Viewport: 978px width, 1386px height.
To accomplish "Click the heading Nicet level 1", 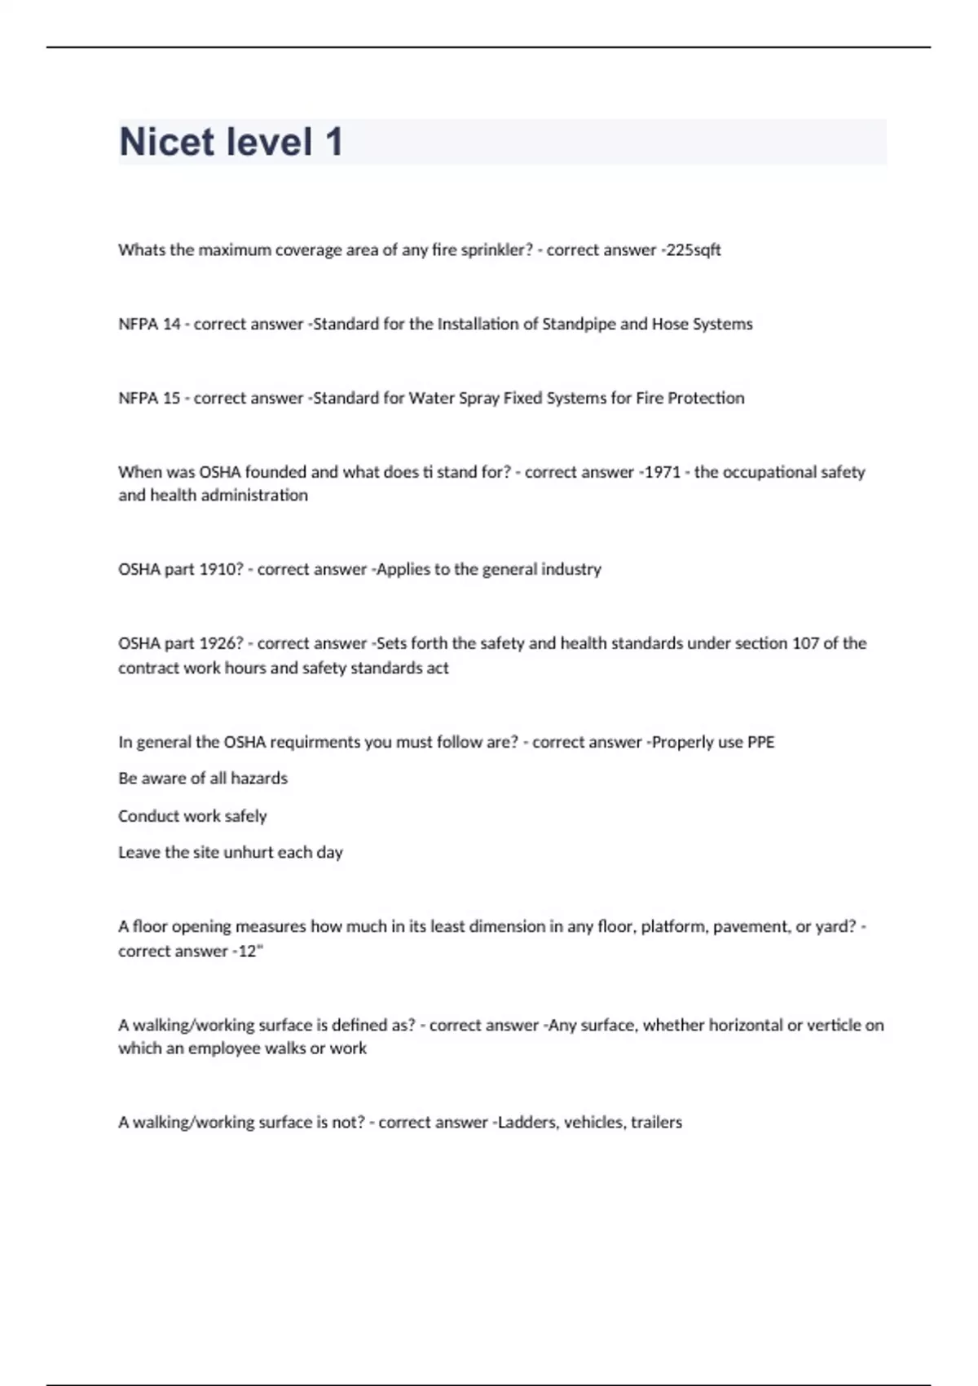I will tap(231, 142).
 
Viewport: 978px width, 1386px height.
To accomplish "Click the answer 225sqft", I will tap(694, 250).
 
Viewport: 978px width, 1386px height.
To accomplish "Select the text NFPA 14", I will tap(149, 324).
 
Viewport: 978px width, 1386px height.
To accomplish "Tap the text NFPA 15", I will tap(149, 399).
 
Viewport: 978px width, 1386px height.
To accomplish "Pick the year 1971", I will tap(662, 472).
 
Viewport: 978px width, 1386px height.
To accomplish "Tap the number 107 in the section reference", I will tap(805, 643).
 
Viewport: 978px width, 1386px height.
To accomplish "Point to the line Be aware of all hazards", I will tap(203, 779).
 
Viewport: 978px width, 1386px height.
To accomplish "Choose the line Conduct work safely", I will tap(192, 816).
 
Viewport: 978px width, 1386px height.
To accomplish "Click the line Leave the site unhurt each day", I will tap(231, 853).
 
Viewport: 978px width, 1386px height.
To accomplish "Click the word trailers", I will tap(656, 1123).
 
